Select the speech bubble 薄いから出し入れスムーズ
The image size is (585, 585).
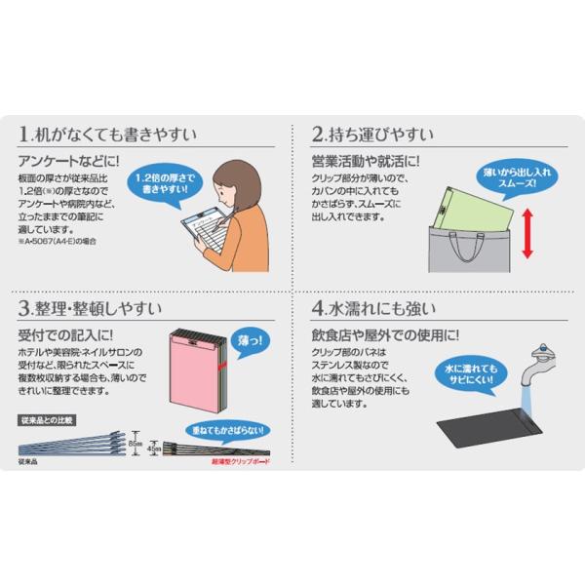coord(515,177)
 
